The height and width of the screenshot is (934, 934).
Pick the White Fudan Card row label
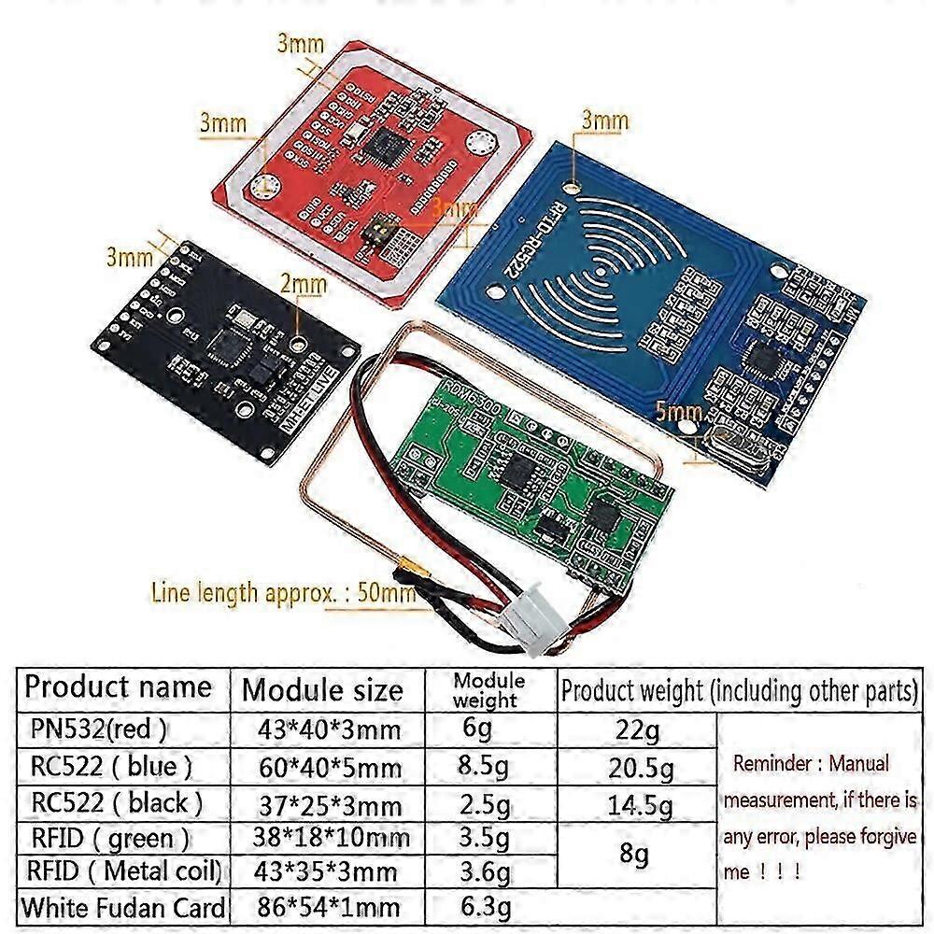tap(123, 907)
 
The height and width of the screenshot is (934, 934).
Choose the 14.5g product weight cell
tap(639, 803)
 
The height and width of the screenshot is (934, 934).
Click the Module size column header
tap(323, 690)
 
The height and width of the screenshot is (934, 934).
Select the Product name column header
tap(118, 687)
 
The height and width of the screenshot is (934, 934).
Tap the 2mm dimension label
tap(304, 281)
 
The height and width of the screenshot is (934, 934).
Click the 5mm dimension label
tap(679, 412)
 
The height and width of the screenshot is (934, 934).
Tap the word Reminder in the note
tap(771, 763)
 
